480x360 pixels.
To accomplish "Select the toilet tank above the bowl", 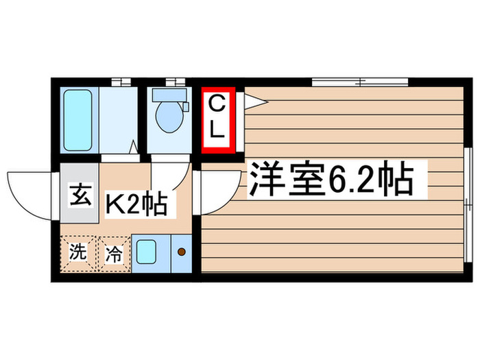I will point(167,97).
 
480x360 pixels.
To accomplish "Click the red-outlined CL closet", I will point(218,119).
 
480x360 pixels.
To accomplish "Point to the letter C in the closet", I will point(217,105).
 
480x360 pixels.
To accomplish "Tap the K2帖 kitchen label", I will point(136,202).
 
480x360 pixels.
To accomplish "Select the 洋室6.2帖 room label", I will point(330,179).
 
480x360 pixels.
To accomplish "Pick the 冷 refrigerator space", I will point(113,254).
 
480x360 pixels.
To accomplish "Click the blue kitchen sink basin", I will point(147,252).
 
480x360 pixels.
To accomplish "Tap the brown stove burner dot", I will point(182,252).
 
